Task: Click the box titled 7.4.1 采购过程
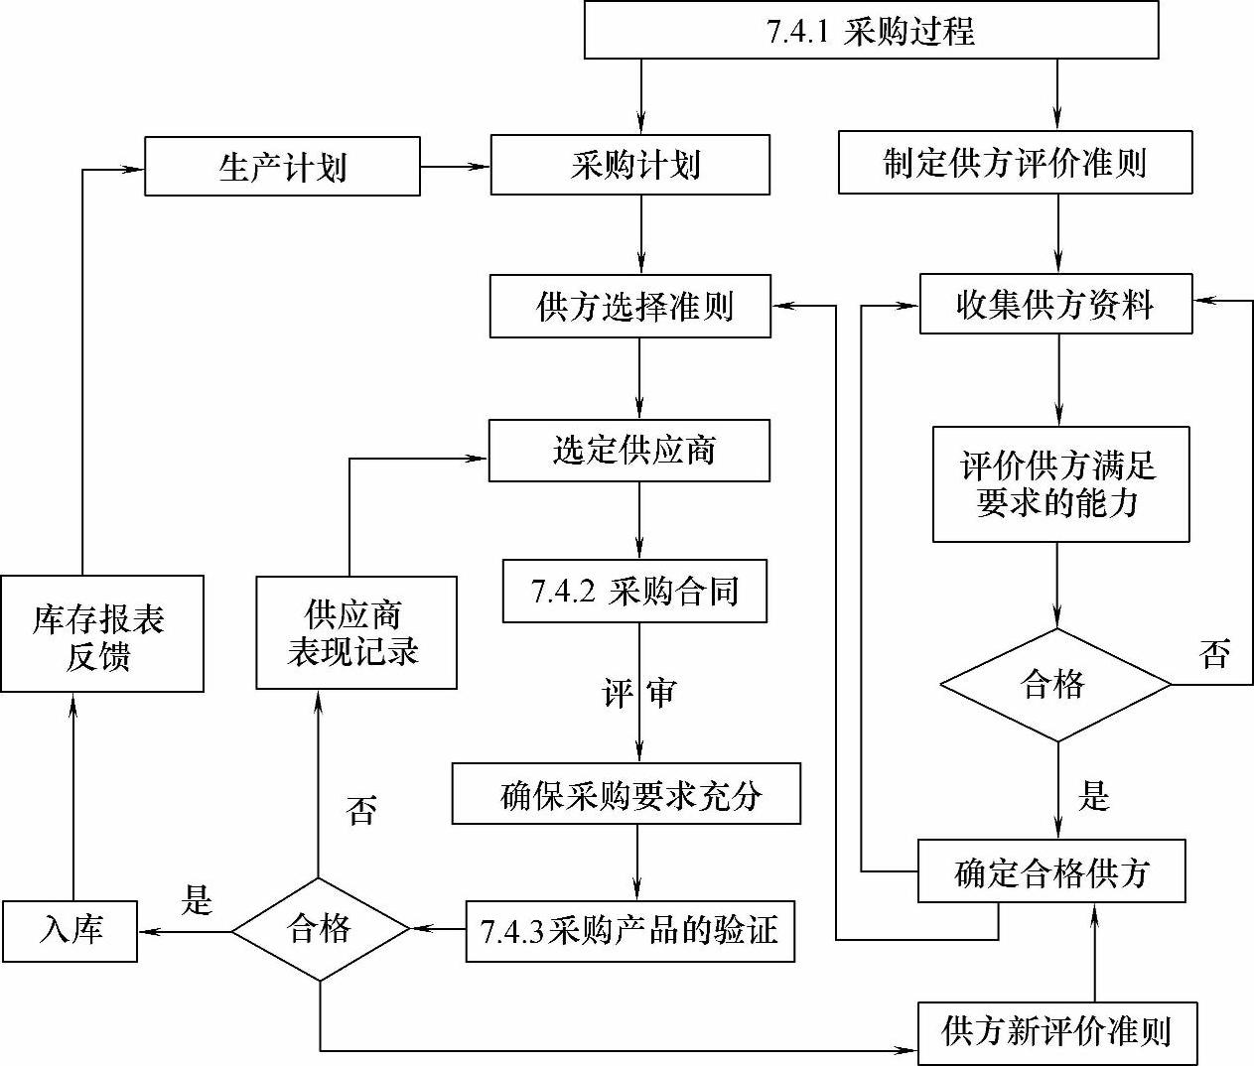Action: coord(871,30)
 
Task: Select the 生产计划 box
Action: coord(282,166)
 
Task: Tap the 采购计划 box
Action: coord(630,165)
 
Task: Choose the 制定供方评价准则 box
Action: coord(1015,162)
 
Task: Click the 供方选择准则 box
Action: coord(630,307)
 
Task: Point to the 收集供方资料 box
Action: coord(1055,305)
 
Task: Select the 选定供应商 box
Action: coord(629,451)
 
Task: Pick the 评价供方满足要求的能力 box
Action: coord(1060,484)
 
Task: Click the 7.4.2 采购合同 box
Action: coord(634,592)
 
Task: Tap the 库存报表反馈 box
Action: coord(101,634)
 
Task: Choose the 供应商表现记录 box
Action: coord(355,632)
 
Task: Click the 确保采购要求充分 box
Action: coord(626,794)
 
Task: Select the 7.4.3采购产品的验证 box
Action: coord(629,931)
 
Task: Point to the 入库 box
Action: coord(70,931)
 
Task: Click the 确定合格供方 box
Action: coord(1051,871)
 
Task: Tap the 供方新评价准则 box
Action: coord(1056,1032)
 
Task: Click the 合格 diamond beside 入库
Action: coord(320,929)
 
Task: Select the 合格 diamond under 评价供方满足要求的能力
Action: coord(1055,684)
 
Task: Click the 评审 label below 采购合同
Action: coord(638,693)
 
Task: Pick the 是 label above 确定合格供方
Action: coord(1093,795)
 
